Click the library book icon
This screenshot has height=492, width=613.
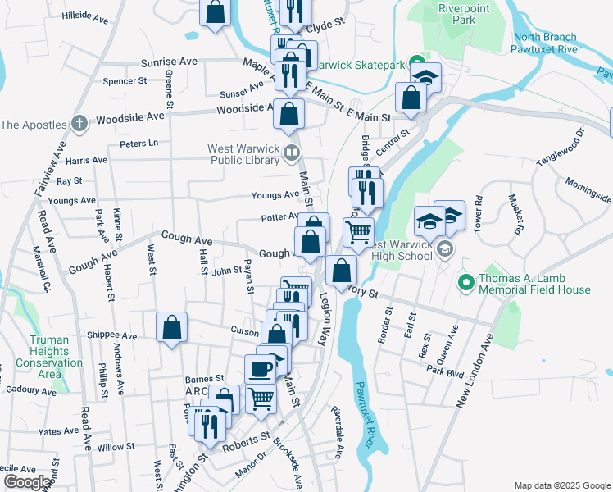click(291, 153)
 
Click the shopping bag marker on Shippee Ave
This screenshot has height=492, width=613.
click(172, 327)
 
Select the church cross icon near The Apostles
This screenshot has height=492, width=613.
click(78, 124)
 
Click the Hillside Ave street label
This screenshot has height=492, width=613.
click(85, 16)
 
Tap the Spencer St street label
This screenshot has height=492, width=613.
click(125, 81)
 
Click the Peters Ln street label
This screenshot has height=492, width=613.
click(138, 143)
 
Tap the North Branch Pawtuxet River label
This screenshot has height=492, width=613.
click(547, 43)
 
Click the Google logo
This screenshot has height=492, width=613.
click(27, 482)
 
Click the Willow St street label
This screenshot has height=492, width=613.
click(116, 448)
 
